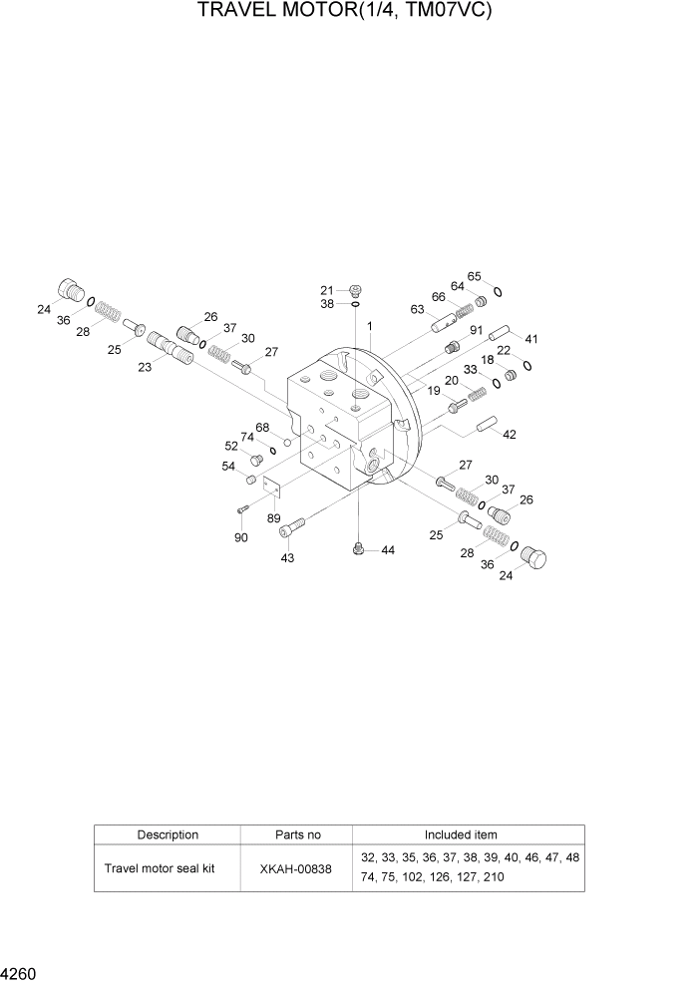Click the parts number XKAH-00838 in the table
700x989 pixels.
(x=296, y=868)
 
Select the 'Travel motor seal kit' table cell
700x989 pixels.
(x=160, y=868)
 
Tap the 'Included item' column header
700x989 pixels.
(x=461, y=834)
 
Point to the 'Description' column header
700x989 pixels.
(x=168, y=834)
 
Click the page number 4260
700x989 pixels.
(x=19, y=971)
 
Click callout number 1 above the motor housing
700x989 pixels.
(x=370, y=326)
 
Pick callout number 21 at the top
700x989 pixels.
(x=327, y=290)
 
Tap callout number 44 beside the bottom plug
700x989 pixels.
(x=387, y=550)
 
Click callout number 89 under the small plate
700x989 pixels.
(x=273, y=517)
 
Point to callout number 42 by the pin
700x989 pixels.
(x=510, y=435)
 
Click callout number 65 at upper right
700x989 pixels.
(x=475, y=276)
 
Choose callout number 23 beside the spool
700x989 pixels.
(x=145, y=367)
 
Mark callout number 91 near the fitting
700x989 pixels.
(x=476, y=331)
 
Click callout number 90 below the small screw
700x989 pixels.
(x=240, y=538)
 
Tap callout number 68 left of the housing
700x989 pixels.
(x=262, y=428)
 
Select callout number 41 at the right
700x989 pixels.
(x=531, y=338)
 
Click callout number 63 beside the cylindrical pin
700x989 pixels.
(x=417, y=309)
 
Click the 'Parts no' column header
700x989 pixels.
(x=297, y=834)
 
